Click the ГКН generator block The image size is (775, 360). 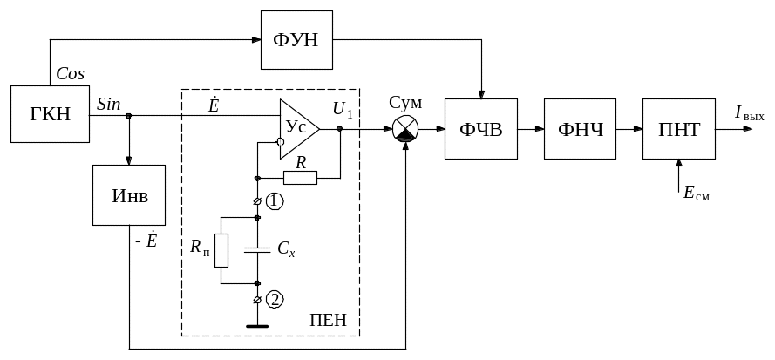coord(51,114)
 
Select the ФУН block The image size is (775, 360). coord(297,41)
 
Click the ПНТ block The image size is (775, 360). coord(677,129)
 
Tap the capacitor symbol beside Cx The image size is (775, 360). coord(257,250)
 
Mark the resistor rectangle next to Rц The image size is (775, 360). coord(221,250)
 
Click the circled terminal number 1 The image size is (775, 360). coord(275,202)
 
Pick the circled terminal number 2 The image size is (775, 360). coord(275,301)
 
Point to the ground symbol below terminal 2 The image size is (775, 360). coord(257,328)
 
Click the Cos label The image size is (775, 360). coord(70,75)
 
